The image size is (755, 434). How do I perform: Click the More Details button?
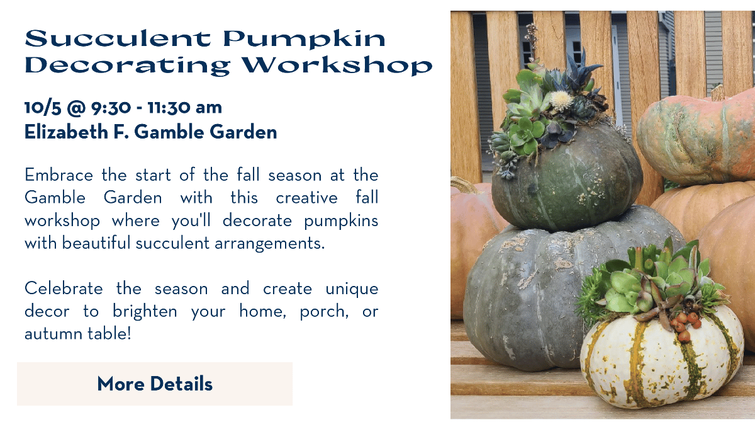tap(155, 384)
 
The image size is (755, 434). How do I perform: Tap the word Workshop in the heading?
tap(337, 64)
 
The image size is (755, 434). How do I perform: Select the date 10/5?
tap(43, 108)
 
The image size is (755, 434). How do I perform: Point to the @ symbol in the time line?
tap(76, 108)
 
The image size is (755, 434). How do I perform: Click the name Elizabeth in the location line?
tap(66, 132)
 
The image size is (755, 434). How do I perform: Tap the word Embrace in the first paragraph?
tap(59, 175)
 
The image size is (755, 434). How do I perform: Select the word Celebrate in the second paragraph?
tap(64, 288)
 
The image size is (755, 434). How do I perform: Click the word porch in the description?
tap(324, 312)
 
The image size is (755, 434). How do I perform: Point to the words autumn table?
tap(78, 334)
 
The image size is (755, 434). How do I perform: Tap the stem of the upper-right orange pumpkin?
tap(718, 93)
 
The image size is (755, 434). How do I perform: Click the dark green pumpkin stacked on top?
tap(566, 179)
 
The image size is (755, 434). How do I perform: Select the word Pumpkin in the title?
tap(304, 40)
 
